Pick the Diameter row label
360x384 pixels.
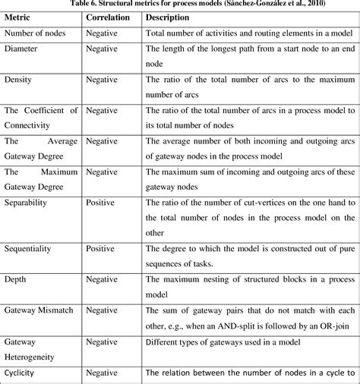coord(23,49)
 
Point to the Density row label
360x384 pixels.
coord(19,79)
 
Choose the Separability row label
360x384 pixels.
coord(27,203)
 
